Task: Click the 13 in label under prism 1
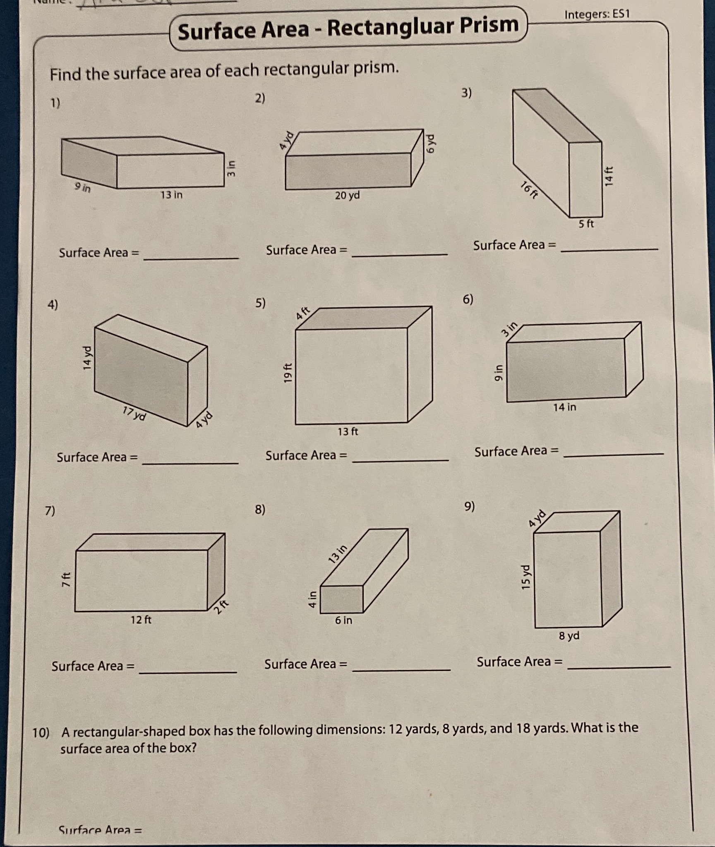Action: pyautogui.click(x=171, y=194)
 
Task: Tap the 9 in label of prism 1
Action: pyautogui.click(x=82, y=187)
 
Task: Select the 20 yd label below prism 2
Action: pyautogui.click(x=347, y=195)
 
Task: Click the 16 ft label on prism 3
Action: pyautogui.click(x=529, y=191)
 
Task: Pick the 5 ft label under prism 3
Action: pyautogui.click(x=586, y=224)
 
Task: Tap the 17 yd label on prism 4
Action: pyautogui.click(x=134, y=413)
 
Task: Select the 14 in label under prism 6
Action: pyautogui.click(x=564, y=407)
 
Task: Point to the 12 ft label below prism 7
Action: pyautogui.click(x=141, y=620)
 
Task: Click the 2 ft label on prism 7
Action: pyautogui.click(x=222, y=607)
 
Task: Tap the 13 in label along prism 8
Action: pyautogui.click(x=337, y=555)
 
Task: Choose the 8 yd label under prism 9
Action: pyautogui.click(x=569, y=636)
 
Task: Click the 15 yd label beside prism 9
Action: pyautogui.click(x=525, y=577)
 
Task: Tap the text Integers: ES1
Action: pyautogui.click(x=597, y=14)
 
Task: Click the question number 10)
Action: pyautogui.click(x=41, y=733)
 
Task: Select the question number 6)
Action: pyautogui.click(x=468, y=299)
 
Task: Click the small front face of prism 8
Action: pyautogui.click(x=341, y=599)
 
